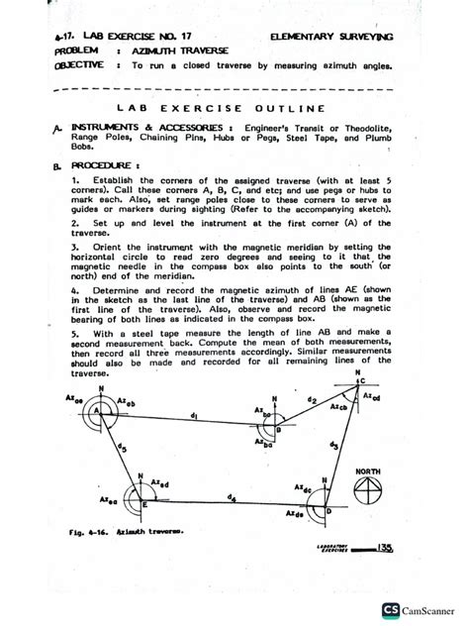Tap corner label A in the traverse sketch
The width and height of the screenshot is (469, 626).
(x=95, y=409)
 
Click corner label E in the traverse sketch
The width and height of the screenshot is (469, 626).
(x=144, y=504)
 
